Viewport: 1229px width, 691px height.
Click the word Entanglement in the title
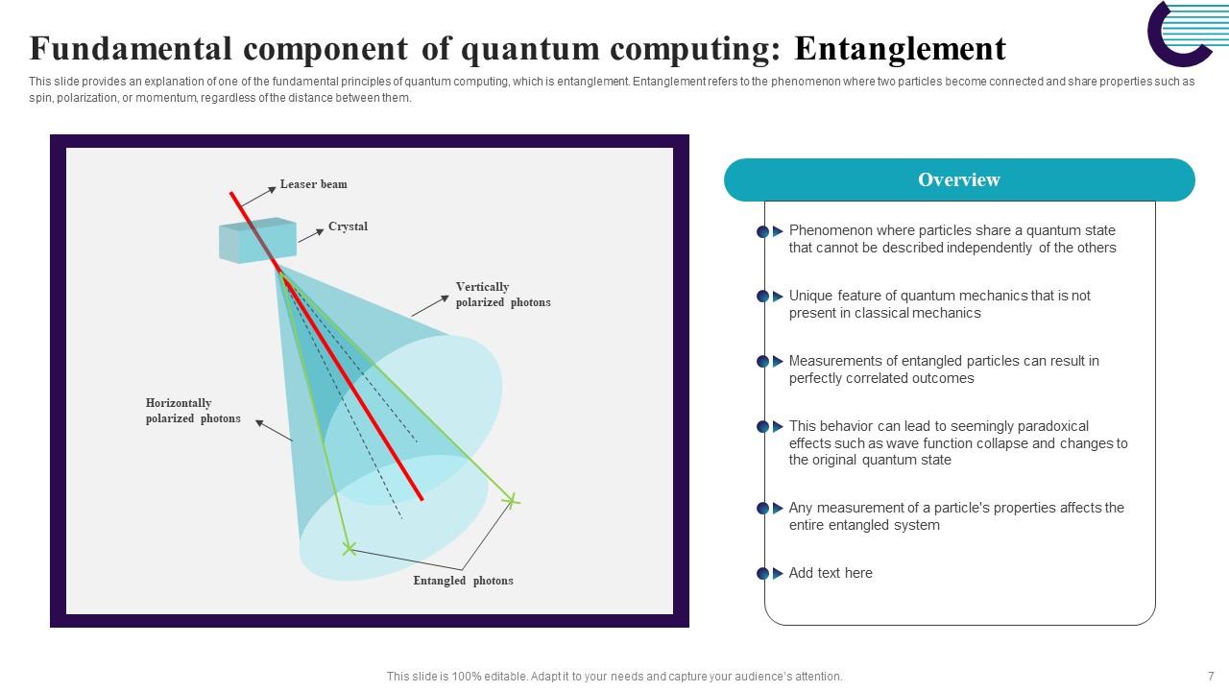tap(900, 48)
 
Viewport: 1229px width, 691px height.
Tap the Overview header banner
tap(958, 180)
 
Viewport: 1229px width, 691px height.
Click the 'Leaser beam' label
tap(313, 184)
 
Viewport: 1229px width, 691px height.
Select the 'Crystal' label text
tap(348, 226)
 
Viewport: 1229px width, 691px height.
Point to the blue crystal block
tap(256, 240)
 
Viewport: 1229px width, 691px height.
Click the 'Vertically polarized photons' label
tap(502, 295)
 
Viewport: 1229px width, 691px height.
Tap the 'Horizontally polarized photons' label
tap(193, 411)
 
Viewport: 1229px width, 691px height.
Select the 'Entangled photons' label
tap(463, 581)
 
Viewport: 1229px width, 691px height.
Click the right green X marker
tap(512, 500)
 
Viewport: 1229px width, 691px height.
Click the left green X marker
tap(349, 549)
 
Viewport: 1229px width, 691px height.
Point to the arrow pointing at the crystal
tap(311, 235)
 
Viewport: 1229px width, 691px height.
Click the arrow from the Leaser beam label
tap(257, 196)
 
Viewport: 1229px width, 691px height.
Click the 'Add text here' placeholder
tap(831, 573)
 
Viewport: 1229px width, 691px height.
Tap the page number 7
tap(1211, 676)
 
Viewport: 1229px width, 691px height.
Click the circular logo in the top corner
tap(1180, 34)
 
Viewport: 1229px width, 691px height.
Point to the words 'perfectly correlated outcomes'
tap(880, 378)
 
